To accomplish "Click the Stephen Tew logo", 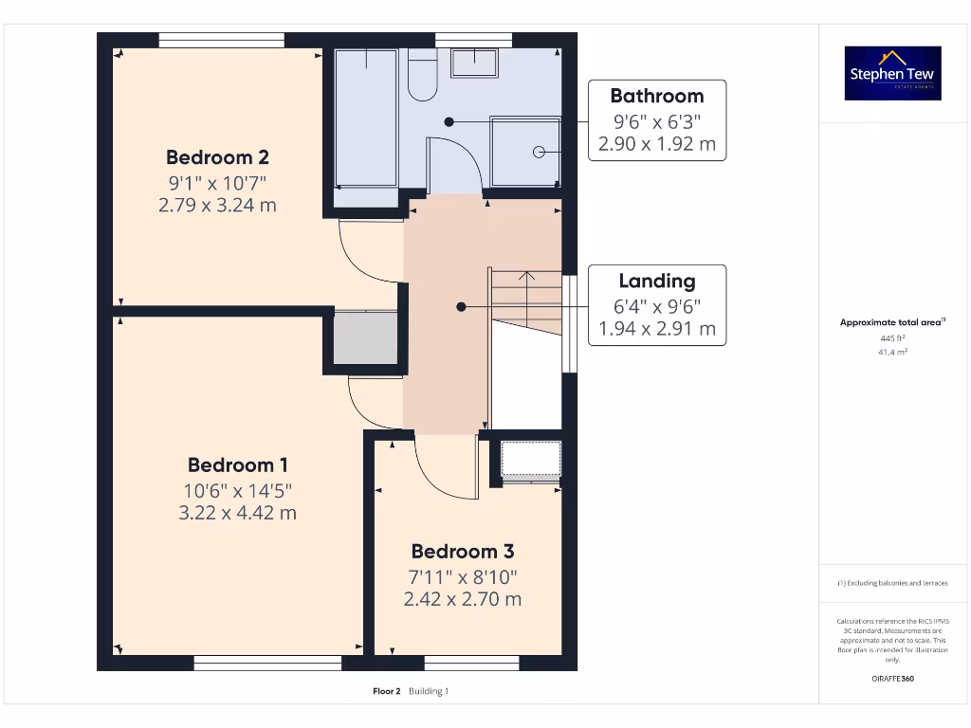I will [x=892, y=73].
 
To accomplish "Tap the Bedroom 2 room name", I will [x=217, y=157].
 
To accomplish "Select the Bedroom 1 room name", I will [x=237, y=464].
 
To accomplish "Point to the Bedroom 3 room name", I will [x=462, y=551].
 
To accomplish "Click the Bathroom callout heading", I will [x=656, y=96].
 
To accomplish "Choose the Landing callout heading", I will [x=656, y=281].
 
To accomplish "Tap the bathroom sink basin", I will [x=474, y=63].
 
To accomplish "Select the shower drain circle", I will [x=538, y=152].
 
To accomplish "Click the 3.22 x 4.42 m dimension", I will [x=237, y=513].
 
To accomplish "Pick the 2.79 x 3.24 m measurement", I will [x=217, y=205].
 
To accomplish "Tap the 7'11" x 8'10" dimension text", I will [x=462, y=576].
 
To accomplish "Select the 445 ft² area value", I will [x=892, y=337].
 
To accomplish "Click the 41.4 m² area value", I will [x=892, y=352].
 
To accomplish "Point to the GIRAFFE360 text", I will [x=892, y=679].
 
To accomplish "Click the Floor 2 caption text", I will [x=389, y=691].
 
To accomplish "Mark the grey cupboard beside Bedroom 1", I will [x=365, y=337].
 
